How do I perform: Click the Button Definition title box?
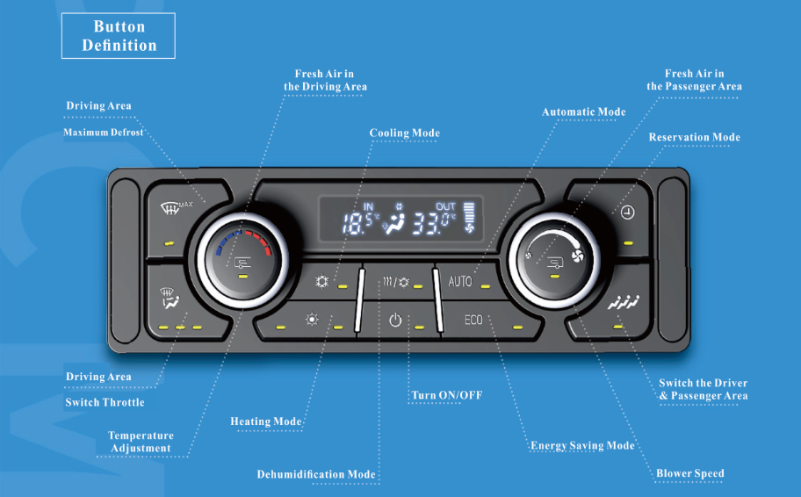click(118, 36)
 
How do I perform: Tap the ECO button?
click(473, 320)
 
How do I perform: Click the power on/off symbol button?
click(394, 321)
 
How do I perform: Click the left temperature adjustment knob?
click(242, 258)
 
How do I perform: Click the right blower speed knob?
click(554, 258)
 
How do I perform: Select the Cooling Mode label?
click(404, 133)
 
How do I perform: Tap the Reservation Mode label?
click(694, 138)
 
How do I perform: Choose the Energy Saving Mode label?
click(582, 446)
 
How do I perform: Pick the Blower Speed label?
click(689, 474)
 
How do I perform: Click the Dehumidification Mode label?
click(316, 475)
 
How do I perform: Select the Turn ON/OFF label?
click(447, 396)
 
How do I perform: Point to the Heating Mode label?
click(266, 422)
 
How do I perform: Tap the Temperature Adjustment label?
click(141, 442)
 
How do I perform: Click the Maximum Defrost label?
click(103, 133)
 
